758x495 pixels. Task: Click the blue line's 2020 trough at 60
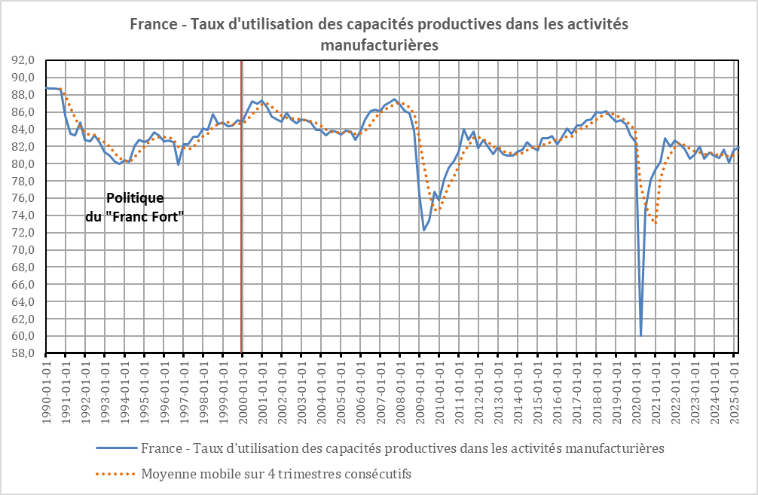pyautogui.click(x=640, y=335)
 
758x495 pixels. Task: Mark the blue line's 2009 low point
pyautogui.click(x=424, y=230)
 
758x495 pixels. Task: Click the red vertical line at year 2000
pyautogui.click(x=241, y=226)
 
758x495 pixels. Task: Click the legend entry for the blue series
pyautogui.click(x=402, y=448)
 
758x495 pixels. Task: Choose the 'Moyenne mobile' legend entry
pyautogui.click(x=275, y=474)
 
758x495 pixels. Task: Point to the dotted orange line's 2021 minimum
pyautogui.click(x=656, y=223)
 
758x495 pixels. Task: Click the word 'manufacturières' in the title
pyautogui.click(x=379, y=44)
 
